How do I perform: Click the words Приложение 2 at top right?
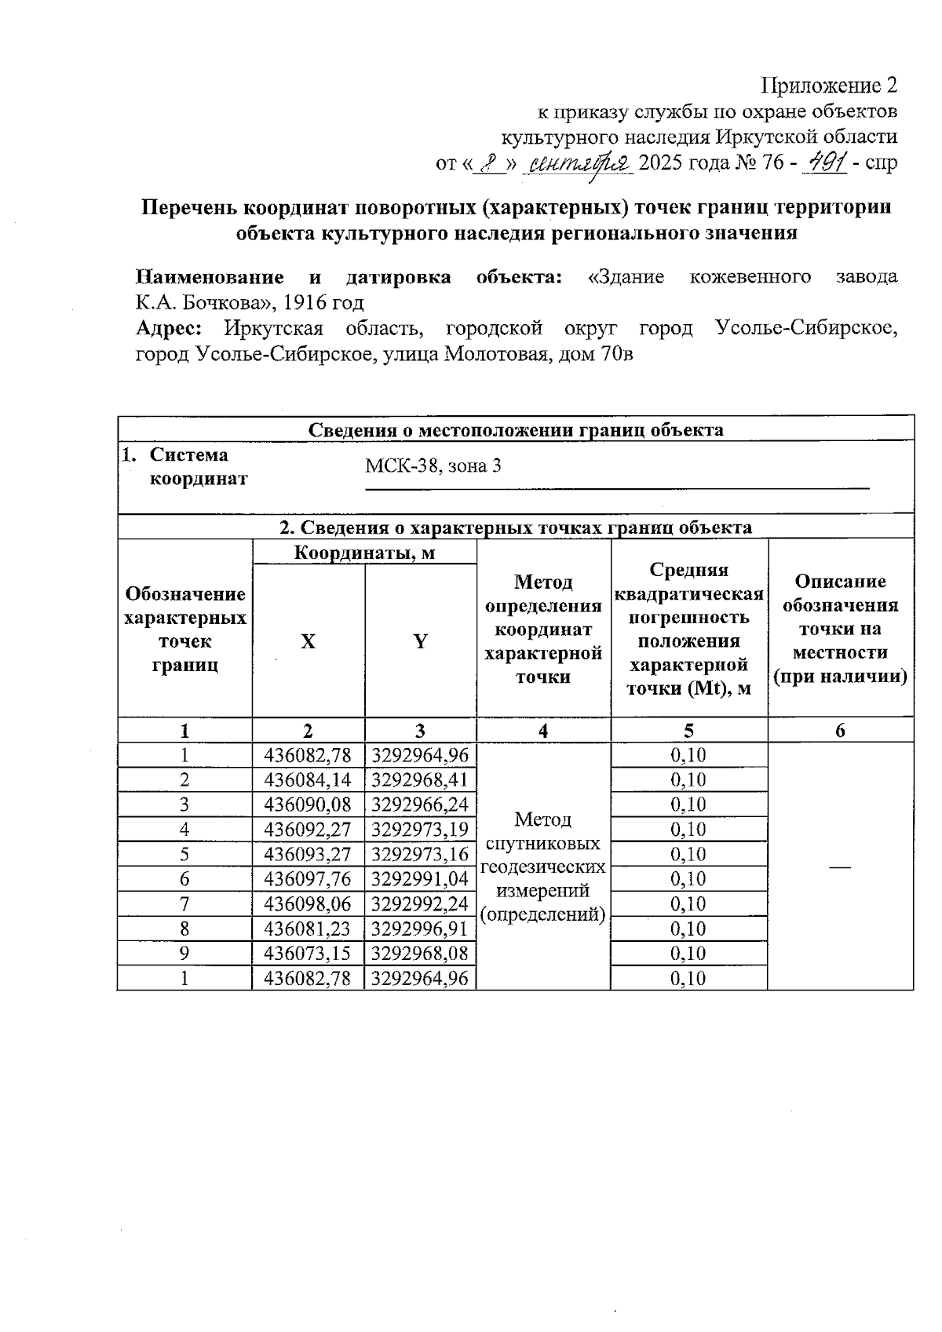[x=831, y=85]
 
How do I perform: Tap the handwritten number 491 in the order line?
[x=826, y=163]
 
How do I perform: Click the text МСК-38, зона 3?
[x=433, y=466]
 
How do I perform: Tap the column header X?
[x=308, y=641]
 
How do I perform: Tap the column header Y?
[x=420, y=641]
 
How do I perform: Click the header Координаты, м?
[x=364, y=553]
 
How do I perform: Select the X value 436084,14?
[x=308, y=780]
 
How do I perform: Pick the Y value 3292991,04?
[x=420, y=879]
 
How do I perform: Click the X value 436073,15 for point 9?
[x=308, y=954]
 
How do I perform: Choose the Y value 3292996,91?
[x=420, y=929]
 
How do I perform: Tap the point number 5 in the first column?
[x=184, y=854]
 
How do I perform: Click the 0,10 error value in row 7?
[x=688, y=904]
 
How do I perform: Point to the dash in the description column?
[x=840, y=866]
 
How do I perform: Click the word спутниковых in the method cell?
[x=543, y=843]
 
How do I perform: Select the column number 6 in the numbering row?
[x=840, y=731]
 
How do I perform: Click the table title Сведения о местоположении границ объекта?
[x=516, y=429]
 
